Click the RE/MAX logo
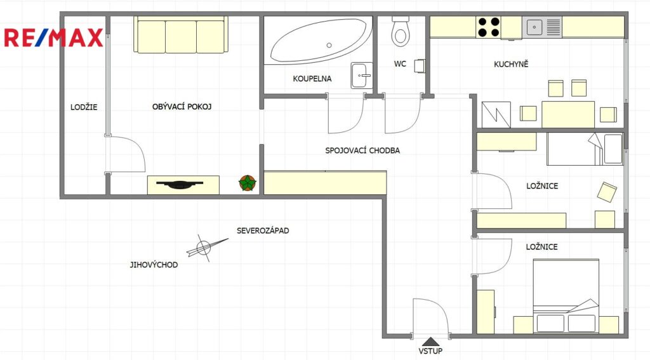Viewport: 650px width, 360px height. tap(53, 37)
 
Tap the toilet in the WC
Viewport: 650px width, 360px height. tap(401, 30)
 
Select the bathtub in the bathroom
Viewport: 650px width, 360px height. tap(319, 41)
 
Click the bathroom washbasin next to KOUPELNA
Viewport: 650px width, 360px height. tap(361, 76)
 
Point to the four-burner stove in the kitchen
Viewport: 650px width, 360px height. tap(488, 27)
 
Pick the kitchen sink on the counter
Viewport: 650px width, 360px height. tap(542, 27)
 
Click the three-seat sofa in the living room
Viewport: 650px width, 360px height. tap(181, 35)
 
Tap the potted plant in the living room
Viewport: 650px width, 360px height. tap(248, 183)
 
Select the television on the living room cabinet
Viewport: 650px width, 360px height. tap(180, 185)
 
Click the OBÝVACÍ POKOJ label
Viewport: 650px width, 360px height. tap(182, 107)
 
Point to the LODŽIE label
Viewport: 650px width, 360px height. tap(84, 107)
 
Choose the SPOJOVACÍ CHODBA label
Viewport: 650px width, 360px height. tap(362, 150)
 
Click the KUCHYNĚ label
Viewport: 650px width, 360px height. tap(511, 64)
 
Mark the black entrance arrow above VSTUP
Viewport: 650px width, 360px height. tap(431, 342)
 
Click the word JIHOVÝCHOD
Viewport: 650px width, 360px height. tap(154, 265)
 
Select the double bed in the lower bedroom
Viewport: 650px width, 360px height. tap(566, 296)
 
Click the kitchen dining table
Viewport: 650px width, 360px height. tap(568, 114)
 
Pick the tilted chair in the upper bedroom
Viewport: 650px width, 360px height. tap(607, 192)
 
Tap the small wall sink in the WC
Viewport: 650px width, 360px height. tap(420, 66)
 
